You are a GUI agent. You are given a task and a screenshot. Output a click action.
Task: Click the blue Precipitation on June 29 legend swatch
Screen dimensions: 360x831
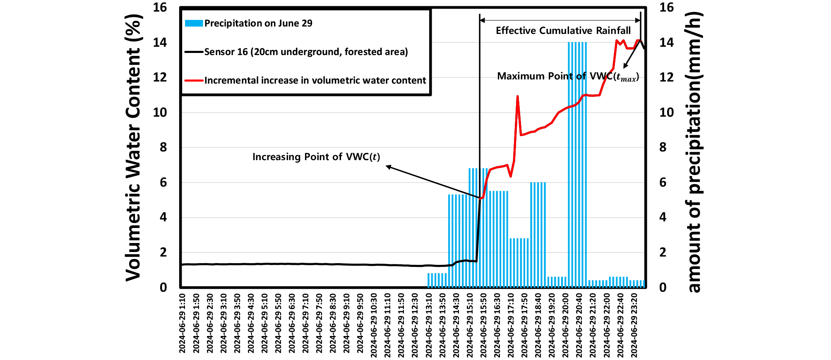pyautogui.click(x=194, y=23)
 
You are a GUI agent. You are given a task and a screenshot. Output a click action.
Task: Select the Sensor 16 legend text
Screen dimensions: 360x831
pyautogui.click(x=306, y=52)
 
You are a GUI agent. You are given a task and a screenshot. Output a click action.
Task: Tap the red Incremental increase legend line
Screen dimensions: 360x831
pyautogui.click(x=194, y=80)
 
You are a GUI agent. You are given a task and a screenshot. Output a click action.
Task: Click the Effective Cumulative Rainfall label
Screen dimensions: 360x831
pyautogui.click(x=563, y=31)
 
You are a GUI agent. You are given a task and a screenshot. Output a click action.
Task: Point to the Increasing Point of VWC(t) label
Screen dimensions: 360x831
pyautogui.click(x=316, y=157)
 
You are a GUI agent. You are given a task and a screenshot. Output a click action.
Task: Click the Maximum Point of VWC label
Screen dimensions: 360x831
pyautogui.click(x=568, y=77)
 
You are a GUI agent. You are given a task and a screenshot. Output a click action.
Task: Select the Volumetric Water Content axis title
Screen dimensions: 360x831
pyautogui.click(x=134, y=147)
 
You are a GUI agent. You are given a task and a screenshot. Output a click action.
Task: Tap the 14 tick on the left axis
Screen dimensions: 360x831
pyautogui.click(x=160, y=42)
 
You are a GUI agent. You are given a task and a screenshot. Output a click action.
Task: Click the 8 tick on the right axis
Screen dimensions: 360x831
pyautogui.click(x=663, y=147)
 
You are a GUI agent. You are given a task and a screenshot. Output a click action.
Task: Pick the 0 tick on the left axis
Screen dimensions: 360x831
pyautogui.click(x=163, y=287)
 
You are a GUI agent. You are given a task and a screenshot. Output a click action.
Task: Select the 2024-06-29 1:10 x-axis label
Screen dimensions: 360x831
pyautogui.click(x=183, y=324)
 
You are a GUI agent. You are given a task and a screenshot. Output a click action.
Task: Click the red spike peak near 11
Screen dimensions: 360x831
pyautogui.click(x=517, y=96)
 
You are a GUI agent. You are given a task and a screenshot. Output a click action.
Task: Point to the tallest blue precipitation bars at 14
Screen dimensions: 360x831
pyautogui.click(x=577, y=166)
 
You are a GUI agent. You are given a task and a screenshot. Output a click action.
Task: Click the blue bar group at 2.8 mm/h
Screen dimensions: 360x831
pyautogui.click(x=519, y=263)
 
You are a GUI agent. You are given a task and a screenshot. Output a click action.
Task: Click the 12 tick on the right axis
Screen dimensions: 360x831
pyautogui.click(x=666, y=77)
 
